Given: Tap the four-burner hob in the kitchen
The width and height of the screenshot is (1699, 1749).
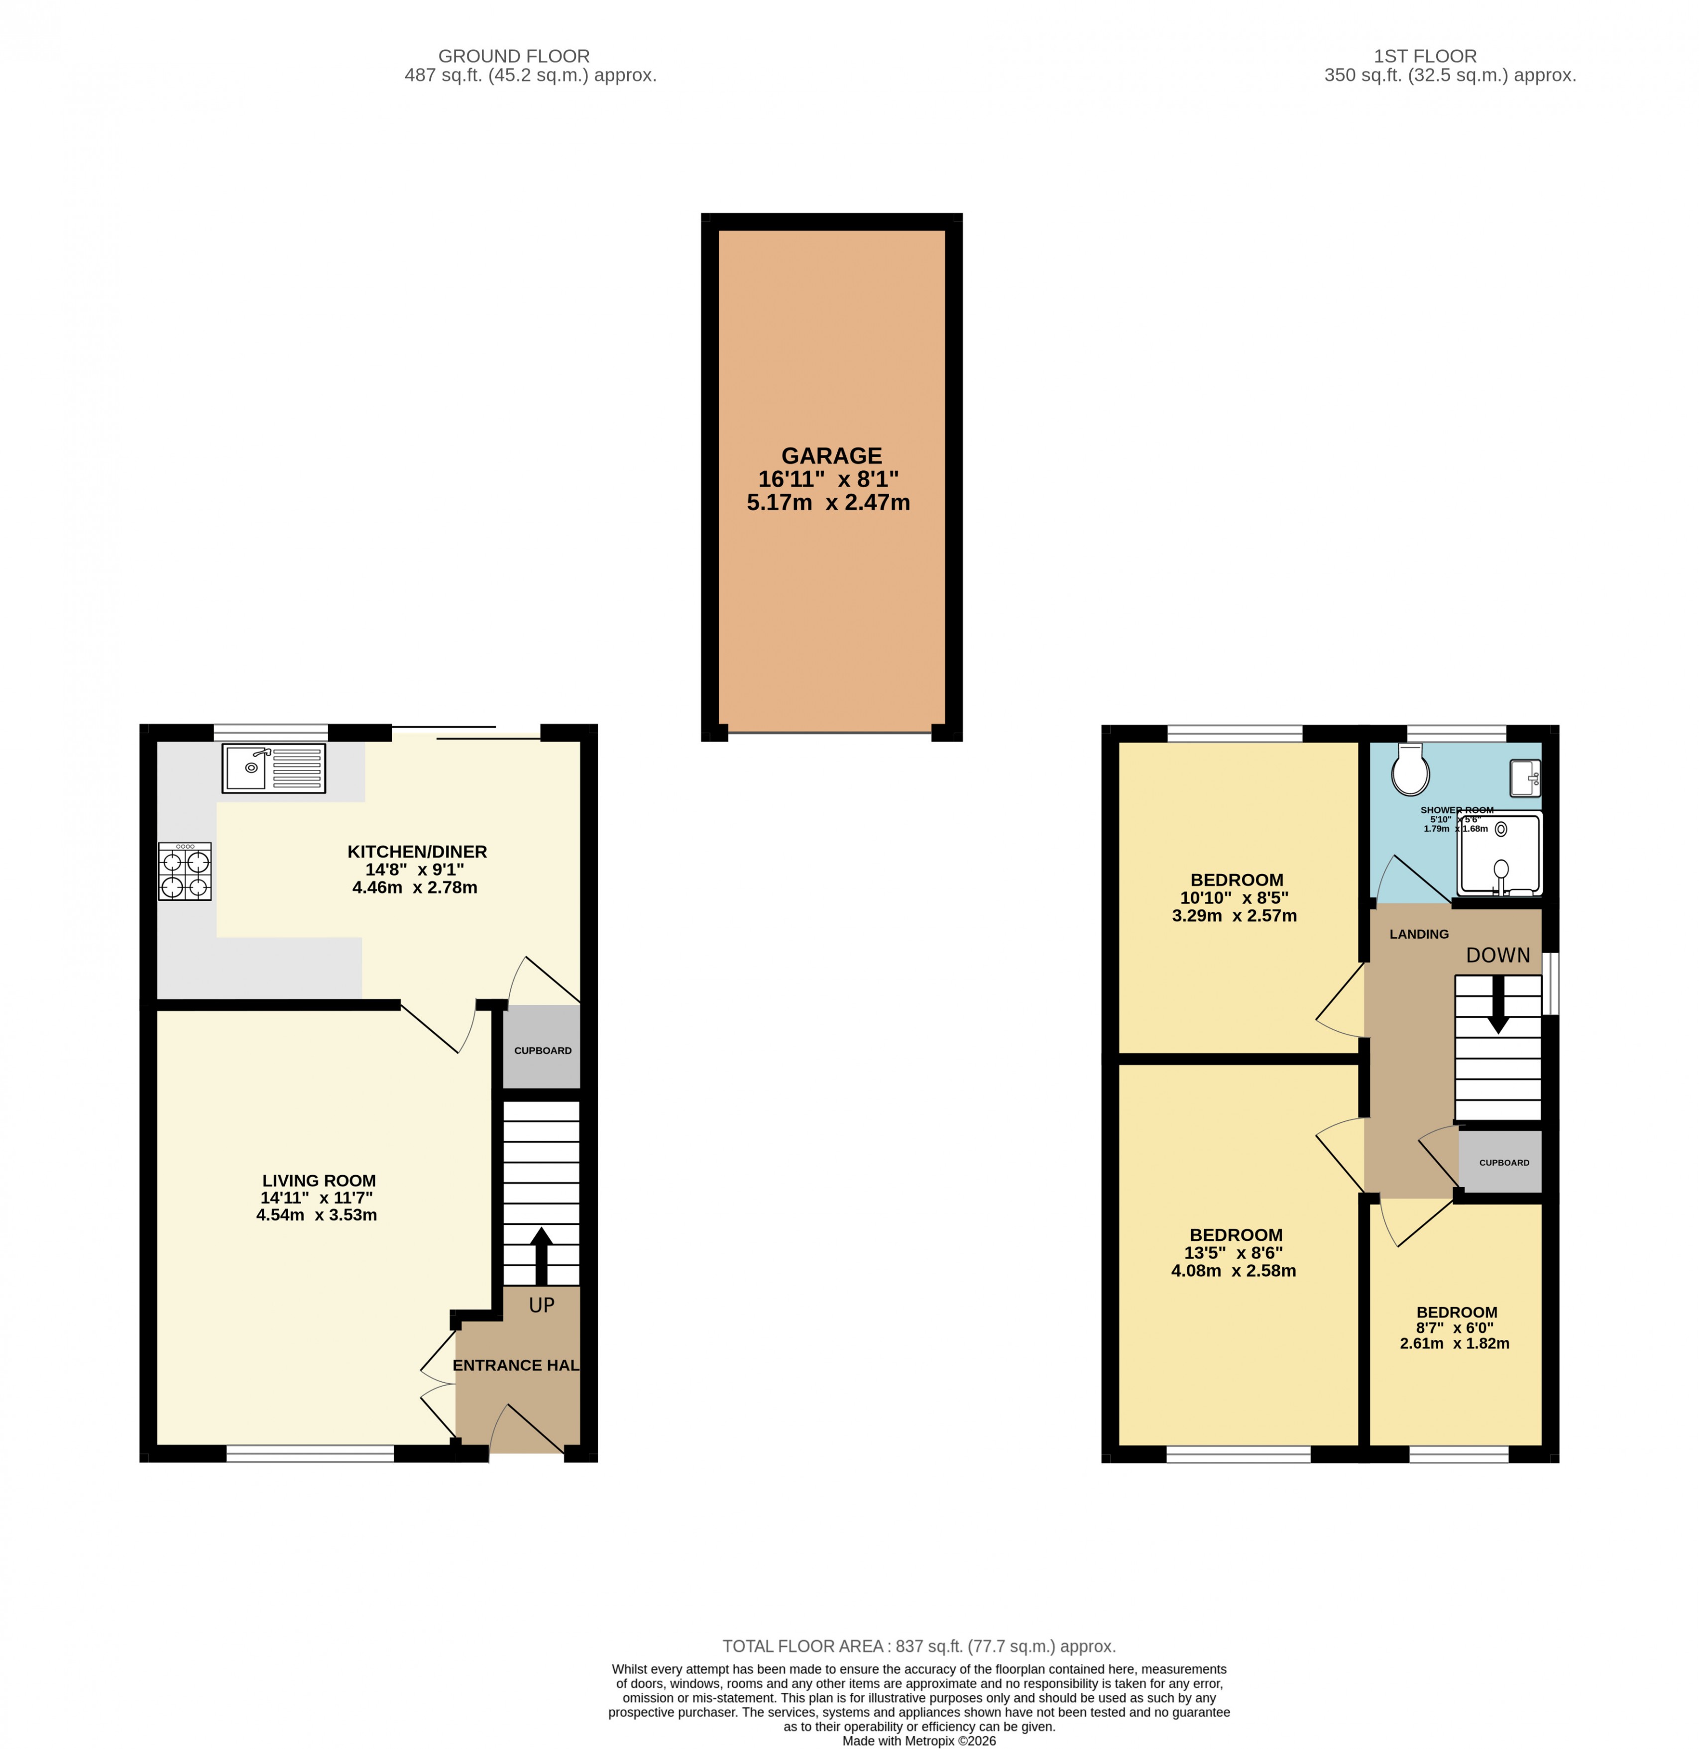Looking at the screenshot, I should click(185, 872).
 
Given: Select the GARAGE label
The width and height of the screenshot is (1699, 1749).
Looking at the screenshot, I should click(831, 456).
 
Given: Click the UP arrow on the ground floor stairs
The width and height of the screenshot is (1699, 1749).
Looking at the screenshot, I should click(541, 1255).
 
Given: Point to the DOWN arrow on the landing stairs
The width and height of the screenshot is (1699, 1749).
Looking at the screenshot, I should click(1498, 1003).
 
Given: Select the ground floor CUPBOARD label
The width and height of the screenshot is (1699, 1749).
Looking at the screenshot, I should click(543, 1050).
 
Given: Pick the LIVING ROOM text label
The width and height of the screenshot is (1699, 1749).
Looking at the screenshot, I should click(319, 1181).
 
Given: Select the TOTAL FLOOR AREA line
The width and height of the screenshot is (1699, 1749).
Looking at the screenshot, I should click(919, 1646).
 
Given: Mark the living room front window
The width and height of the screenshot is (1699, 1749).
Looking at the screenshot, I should click(310, 1454).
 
